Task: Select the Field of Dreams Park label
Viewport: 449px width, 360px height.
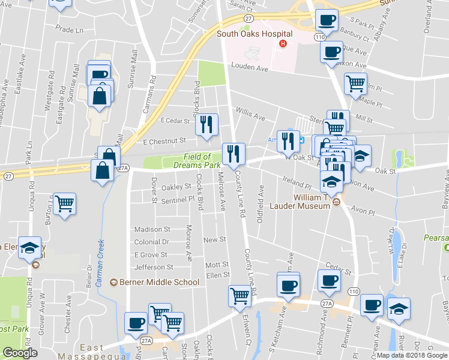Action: point(197,160)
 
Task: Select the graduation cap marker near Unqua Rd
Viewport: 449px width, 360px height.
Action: point(29,247)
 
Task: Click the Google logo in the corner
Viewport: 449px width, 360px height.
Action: point(20,353)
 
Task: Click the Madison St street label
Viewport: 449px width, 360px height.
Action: point(152,229)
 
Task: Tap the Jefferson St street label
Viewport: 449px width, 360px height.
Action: point(154,267)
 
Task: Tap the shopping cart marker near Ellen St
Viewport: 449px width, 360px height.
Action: point(240,295)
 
